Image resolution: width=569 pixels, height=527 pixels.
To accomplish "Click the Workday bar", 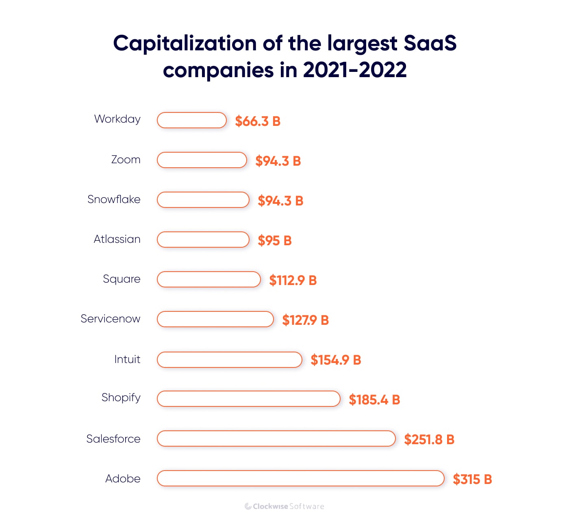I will point(191,120).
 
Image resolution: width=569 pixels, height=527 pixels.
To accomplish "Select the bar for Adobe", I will point(300,478).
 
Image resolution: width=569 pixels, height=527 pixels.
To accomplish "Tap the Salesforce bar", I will point(276,438).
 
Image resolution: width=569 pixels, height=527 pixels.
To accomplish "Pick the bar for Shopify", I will point(248,399).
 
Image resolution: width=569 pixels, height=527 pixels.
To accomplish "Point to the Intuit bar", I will point(229,360).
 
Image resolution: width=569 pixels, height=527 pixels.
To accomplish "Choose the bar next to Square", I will point(208,279).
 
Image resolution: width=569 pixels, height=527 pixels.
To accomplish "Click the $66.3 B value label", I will point(258,121).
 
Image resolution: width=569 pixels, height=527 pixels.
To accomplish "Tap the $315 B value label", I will point(472,479).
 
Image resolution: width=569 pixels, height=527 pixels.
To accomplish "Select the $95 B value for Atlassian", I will point(275,240).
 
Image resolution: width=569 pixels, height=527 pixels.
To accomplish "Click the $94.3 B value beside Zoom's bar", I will point(278,161).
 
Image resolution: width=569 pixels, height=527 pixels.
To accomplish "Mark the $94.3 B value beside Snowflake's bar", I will point(280,201).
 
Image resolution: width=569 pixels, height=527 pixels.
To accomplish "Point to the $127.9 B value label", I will point(305,320).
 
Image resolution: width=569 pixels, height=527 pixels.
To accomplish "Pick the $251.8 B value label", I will point(429,439).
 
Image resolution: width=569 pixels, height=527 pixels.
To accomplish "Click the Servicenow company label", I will point(110,319).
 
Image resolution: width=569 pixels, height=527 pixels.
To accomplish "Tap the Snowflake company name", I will point(114,199).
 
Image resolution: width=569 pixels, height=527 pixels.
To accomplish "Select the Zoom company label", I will point(126,160).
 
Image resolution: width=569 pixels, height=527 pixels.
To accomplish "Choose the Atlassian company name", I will point(117,239).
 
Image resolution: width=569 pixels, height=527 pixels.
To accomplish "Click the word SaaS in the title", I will point(430,43).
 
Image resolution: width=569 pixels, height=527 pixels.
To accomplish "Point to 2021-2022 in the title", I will point(354,70).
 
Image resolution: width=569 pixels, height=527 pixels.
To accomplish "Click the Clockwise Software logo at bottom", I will point(284,506).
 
